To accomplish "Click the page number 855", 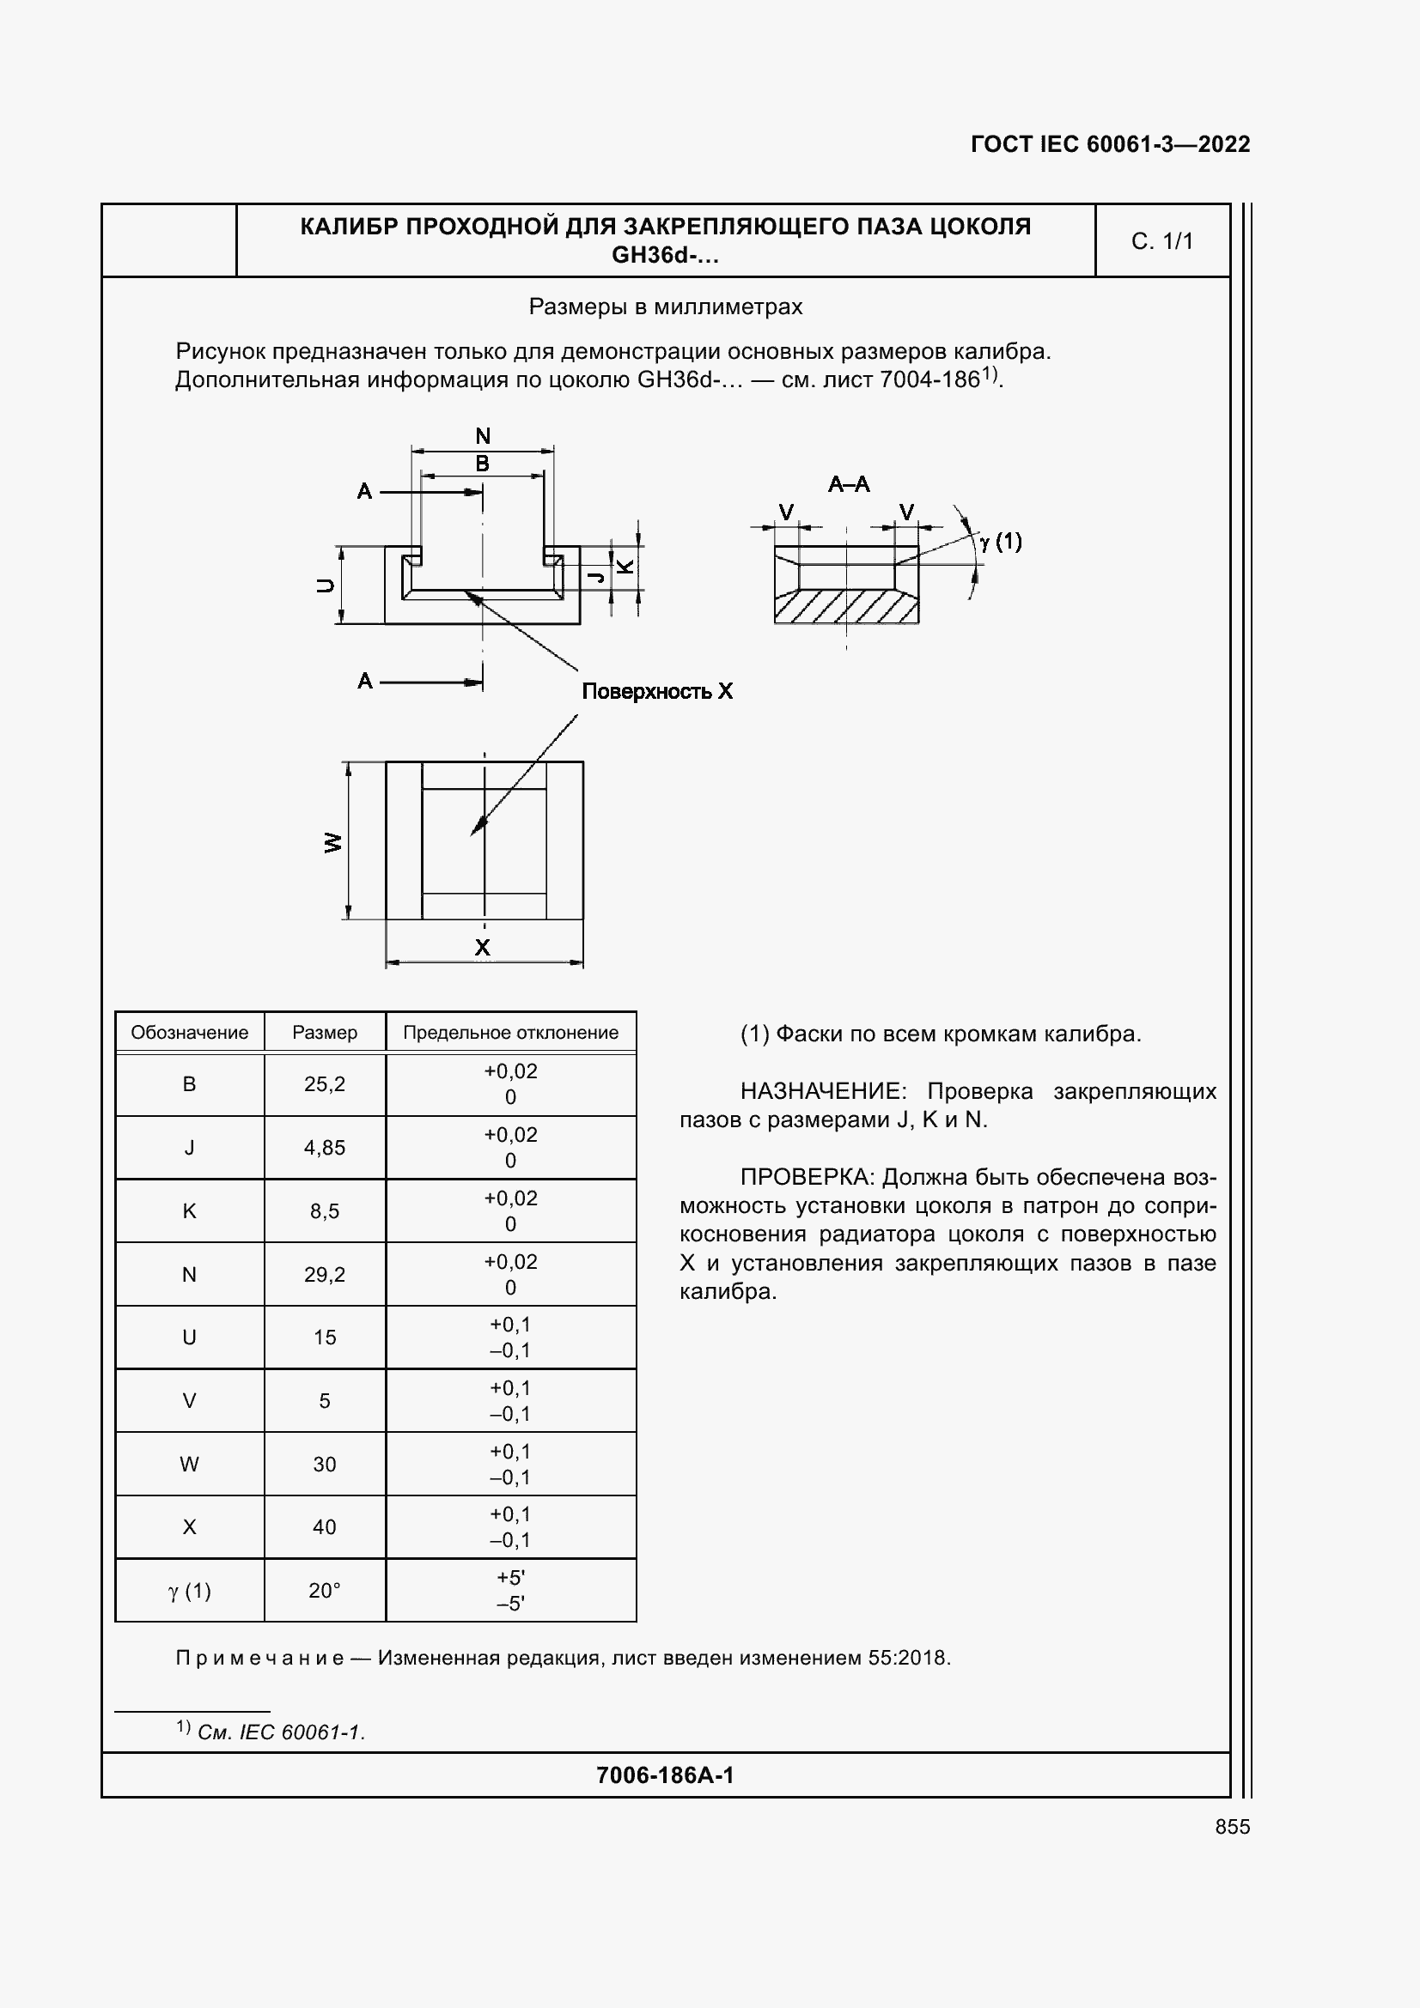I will point(1232,1826).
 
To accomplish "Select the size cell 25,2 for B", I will point(325,1084).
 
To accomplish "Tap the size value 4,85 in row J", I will point(325,1148).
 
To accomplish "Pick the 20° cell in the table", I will point(325,1591).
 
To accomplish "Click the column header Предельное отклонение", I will point(510,1032).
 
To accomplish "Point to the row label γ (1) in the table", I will point(189,1591).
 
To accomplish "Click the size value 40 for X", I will point(325,1527).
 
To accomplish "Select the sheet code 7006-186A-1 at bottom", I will point(665,1774).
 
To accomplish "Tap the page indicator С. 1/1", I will point(1162,241).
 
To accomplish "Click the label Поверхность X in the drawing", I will point(657,692).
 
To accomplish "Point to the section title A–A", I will point(849,484).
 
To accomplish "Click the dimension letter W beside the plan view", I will point(333,843).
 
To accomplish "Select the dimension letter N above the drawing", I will point(483,435).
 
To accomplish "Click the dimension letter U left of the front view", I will point(326,586).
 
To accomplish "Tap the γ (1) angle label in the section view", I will point(1001,543).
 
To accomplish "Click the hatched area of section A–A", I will point(845,607).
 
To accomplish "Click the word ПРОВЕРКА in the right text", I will point(807,1177).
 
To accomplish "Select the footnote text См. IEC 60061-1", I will point(281,1732).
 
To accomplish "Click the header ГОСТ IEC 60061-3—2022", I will point(1109,144).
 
